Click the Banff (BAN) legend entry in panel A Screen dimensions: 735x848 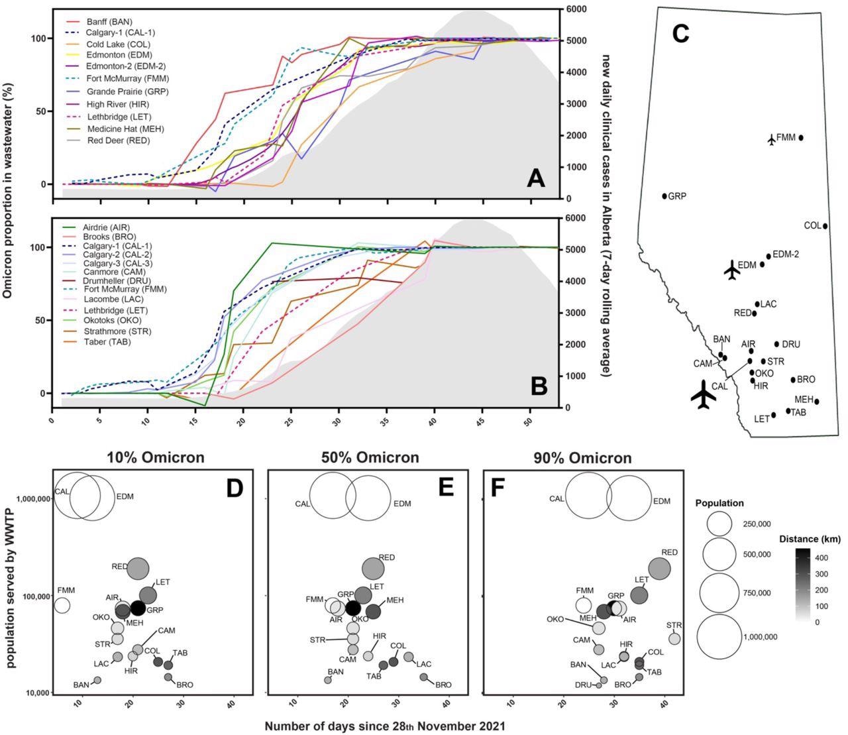pyautogui.click(x=110, y=21)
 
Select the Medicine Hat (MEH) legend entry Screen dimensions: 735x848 pyautogui.click(x=124, y=129)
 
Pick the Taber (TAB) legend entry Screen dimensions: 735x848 pyautogui.click(x=106, y=342)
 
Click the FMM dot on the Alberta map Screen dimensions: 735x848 pyautogui.click(x=801, y=138)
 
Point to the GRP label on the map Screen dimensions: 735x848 pyautogui.click(x=676, y=197)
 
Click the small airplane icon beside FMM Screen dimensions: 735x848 pyautogui.click(x=771, y=139)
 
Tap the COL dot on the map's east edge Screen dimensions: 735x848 pyautogui.click(x=825, y=226)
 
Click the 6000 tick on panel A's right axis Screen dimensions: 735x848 pyautogui.click(x=574, y=9)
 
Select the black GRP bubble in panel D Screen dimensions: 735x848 pyautogui.click(x=137, y=608)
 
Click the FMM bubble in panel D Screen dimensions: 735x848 pyautogui.click(x=62, y=604)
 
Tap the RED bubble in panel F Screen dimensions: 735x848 pyautogui.click(x=659, y=568)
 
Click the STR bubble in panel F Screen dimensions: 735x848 pyautogui.click(x=674, y=639)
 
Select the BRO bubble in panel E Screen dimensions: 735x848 pyautogui.click(x=424, y=677)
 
